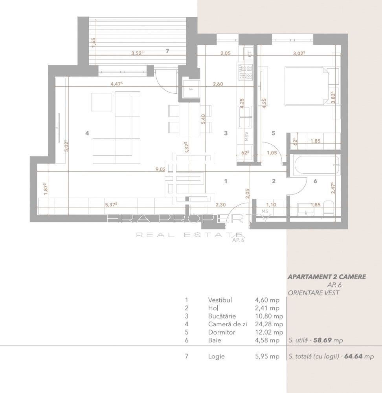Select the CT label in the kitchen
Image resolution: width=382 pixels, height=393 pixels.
click(250, 54)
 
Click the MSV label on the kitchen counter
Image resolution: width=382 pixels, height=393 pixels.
click(247, 136)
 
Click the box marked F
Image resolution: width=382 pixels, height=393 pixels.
click(191, 88)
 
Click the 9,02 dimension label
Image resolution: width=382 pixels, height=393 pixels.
click(160, 169)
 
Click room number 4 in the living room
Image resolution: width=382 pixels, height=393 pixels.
click(87, 133)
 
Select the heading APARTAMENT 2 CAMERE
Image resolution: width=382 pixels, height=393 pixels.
click(327, 277)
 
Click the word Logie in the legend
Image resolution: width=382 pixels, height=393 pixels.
click(216, 357)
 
